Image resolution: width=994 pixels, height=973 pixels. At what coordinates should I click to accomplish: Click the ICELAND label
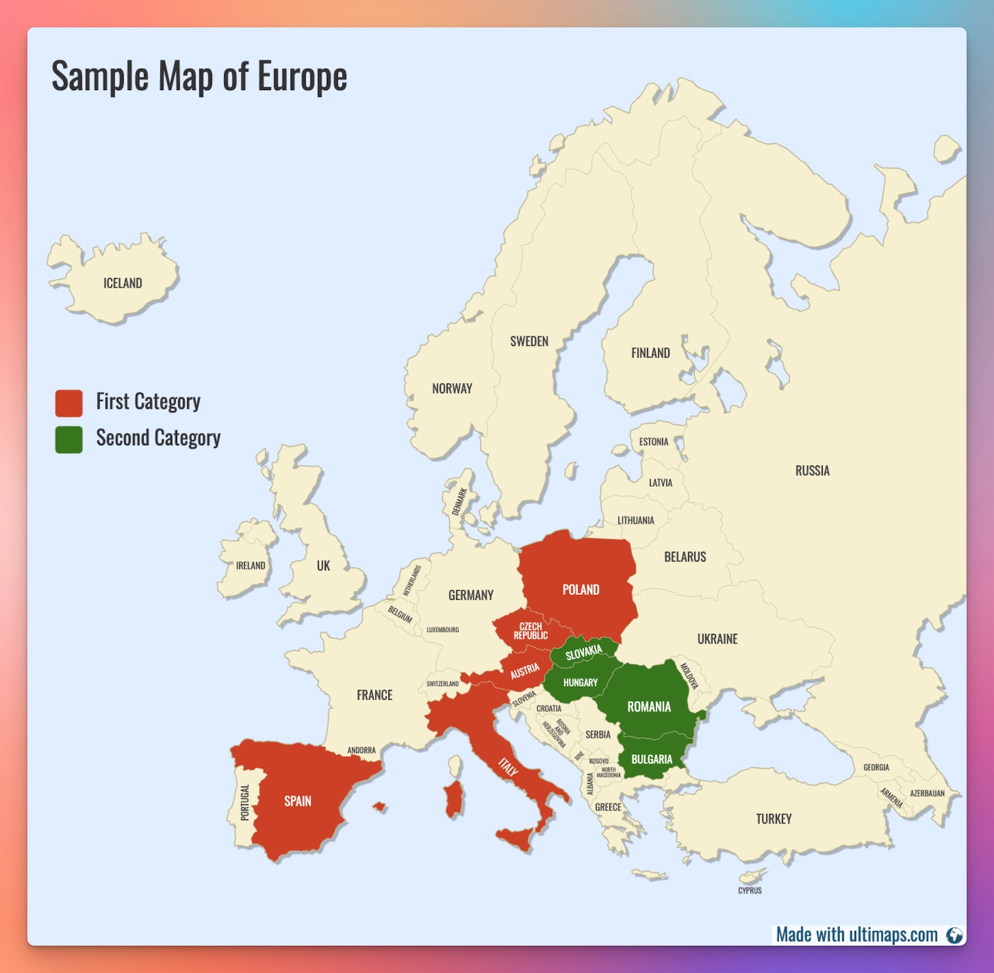pos(122,283)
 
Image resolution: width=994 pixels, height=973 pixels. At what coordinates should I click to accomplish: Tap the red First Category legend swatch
pos(69,403)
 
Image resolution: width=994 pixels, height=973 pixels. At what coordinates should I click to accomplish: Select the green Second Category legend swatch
pos(69,440)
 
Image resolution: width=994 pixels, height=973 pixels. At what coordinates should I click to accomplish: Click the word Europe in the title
pos(302,77)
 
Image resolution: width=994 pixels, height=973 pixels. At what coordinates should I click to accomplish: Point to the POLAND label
pos(581,590)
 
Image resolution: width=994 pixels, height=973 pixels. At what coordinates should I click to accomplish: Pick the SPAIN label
pos(298,801)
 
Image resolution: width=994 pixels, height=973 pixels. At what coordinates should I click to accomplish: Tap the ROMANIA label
pos(649,707)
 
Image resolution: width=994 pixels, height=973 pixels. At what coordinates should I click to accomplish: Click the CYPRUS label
pos(750,890)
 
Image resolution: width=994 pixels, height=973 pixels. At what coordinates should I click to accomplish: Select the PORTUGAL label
pos(245,802)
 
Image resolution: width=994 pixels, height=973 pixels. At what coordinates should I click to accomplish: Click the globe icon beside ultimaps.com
pos(954,935)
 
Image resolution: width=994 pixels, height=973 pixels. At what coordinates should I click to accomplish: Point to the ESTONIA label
pos(654,442)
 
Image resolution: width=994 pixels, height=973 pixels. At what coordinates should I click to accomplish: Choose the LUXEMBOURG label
pos(442,630)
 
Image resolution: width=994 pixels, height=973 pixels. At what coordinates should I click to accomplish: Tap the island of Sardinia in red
pos(454,800)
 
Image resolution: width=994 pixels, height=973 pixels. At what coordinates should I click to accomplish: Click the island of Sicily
pos(516,838)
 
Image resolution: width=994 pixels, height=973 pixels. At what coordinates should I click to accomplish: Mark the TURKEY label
pos(773,819)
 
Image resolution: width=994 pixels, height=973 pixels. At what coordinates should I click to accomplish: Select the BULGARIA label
pos(652,759)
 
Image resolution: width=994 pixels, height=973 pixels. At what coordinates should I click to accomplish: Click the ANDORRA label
pos(362,750)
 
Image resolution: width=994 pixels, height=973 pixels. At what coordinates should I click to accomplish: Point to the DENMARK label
pos(460,502)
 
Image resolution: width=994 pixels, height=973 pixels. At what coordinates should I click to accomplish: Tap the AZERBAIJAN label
pos(927,794)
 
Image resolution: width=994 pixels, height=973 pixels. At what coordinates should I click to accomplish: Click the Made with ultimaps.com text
pos(857,935)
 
